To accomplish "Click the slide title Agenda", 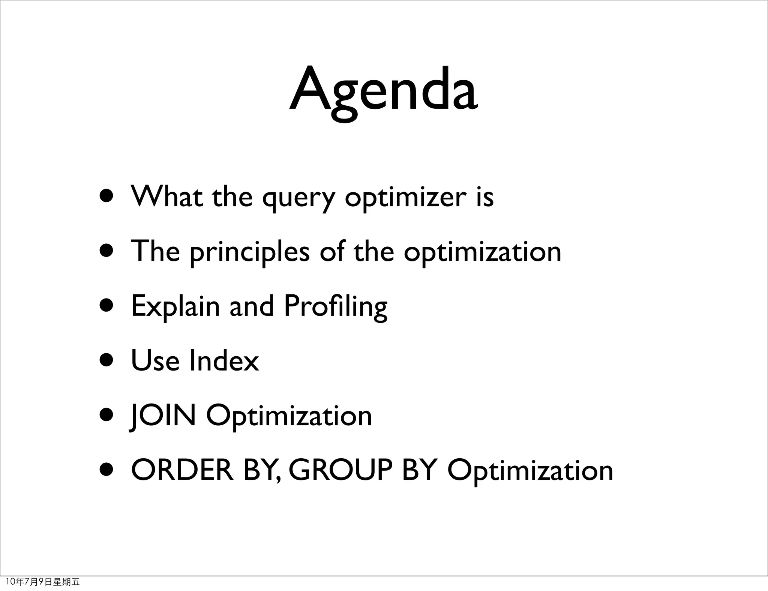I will [383, 92].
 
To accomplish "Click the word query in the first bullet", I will [298, 198].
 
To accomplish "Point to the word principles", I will [249, 253].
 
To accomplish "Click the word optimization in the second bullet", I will [482, 252].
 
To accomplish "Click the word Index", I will [224, 361].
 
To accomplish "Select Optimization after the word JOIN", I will [289, 417].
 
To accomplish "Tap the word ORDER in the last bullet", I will [182, 470].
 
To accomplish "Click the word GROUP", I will [340, 470].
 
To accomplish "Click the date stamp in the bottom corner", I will [43, 582].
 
